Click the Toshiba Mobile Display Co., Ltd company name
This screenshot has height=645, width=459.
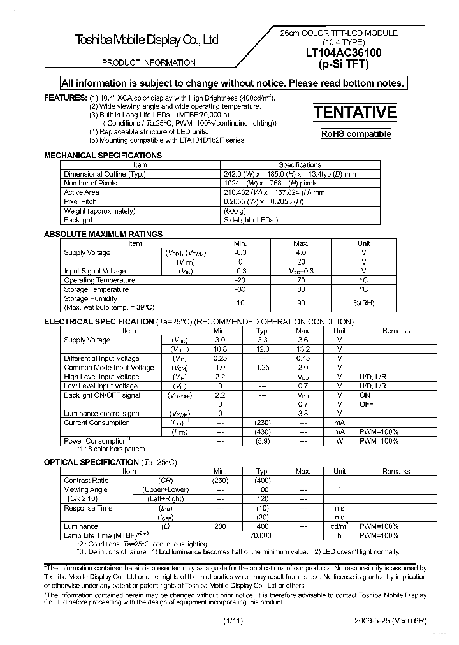tap(147, 40)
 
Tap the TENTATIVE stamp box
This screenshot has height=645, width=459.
tap(355, 113)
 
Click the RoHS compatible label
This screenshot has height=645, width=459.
tap(356, 134)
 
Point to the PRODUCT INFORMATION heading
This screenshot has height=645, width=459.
tap(149, 62)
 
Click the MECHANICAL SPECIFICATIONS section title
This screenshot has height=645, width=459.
tap(103, 156)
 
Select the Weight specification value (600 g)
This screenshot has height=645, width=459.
tap(235, 211)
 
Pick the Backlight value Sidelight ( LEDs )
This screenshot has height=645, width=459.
tap(251, 220)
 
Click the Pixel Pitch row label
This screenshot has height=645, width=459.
tap(80, 201)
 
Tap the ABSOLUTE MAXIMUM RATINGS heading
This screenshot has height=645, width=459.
tap(103, 235)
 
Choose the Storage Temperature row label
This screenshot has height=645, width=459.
tap(96, 289)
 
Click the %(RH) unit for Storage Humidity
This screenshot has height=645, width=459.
tap(363, 303)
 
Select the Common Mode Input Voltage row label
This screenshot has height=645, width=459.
tap(108, 368)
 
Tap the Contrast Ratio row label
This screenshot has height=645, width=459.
tap(87, 481)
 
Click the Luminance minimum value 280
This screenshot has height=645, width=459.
tap(221, 526)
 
